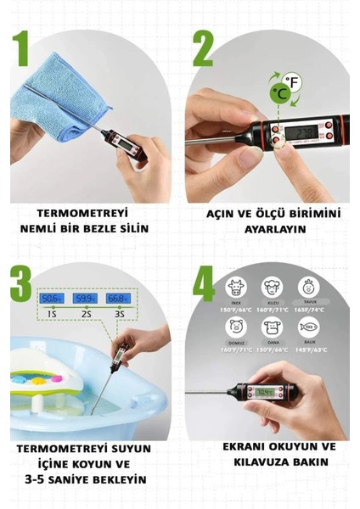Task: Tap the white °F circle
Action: pos(293,81)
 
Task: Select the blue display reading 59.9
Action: pos(84,299)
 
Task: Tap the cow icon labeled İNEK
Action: pos(236,288)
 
